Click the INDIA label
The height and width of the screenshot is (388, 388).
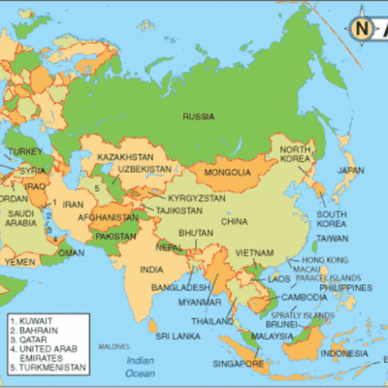pos(150,269)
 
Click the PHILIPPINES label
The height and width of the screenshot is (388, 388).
pos(346,287)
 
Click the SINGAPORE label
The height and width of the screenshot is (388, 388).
pos(238,363)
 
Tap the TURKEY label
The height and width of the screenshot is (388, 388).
pos(25,151)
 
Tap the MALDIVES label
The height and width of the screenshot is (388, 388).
pos(115,346)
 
